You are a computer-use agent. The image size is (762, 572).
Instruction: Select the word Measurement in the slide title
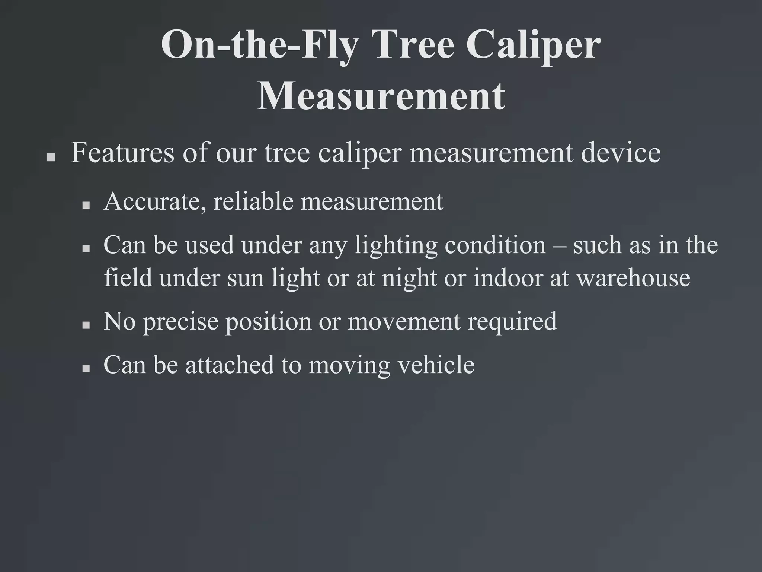[381, 97]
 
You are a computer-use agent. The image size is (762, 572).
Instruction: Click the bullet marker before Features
[52, 158]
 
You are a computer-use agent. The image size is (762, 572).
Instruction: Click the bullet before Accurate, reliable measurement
[86, 205]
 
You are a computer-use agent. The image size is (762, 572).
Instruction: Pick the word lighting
[396, 246]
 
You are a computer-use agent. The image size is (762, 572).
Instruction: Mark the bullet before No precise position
[86, 325]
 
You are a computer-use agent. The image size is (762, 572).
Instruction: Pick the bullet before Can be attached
[86, 369]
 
